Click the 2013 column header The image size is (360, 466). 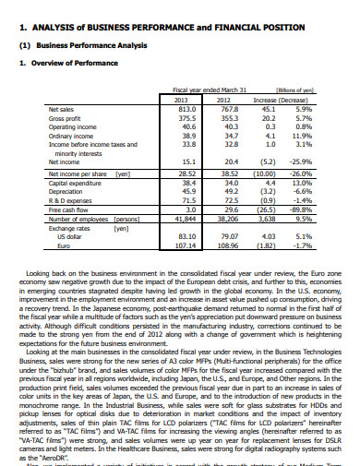pyautogui.click(x=180, y=99)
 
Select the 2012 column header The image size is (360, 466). pyautogui.click(x=222, y=99)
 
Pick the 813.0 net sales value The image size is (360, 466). pyautogui.click(x=184, y=108)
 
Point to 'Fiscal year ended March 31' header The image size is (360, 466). pyautogui.click(x=201, y=90)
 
